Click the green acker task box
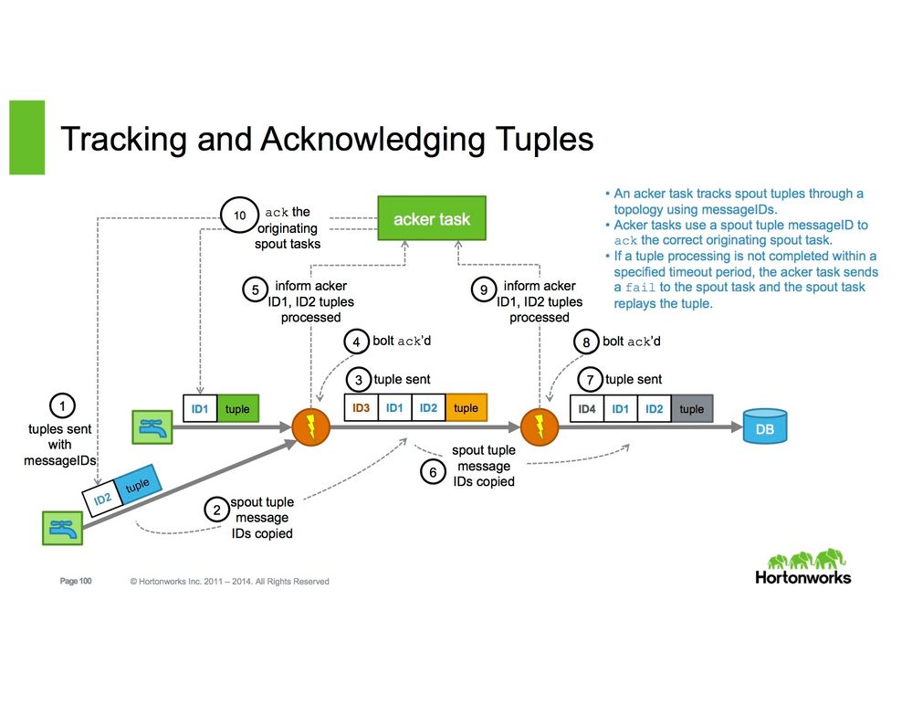[x=432, y=219]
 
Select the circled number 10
[x=240, y=216]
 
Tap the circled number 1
[x=60, y=405]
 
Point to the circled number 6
[x=434, y=471]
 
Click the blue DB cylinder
[x=764, y=426]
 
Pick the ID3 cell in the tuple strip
[x=361, y=408]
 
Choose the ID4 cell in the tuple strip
[x=587, y=409]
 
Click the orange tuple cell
[x=466, y=408]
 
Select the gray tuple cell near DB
[x=692, y=409]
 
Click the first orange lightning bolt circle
[x=310, y=426]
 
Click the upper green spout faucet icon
[x=152, y=426]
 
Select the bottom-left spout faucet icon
[x=61, y=529]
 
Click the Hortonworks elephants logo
[x=803, y=566]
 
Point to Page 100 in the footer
[x=76, y=581]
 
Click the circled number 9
[x=484, y=290]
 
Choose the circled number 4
[x=356, y=342]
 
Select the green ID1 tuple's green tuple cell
[x=237, y=409]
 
